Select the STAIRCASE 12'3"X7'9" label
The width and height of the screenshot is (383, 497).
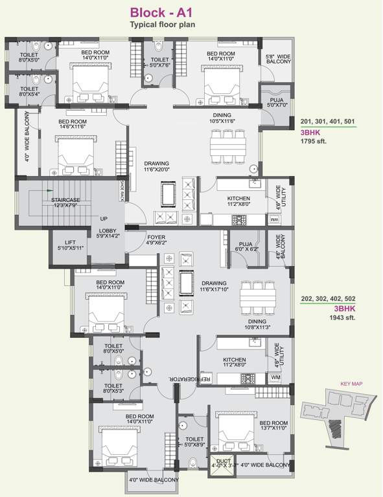[x=65, y=204]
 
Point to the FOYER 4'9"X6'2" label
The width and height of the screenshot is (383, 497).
[x=156, y=240]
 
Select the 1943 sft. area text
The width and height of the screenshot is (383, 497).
[x=316, y=318]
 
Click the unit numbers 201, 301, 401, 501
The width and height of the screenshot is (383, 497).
[x=327, y=121]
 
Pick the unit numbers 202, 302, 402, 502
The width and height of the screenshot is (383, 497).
[x=328, y=299]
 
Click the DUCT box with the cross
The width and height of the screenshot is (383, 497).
[x=220, y=465]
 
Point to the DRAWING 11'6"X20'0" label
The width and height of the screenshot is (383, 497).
[x=156, y=167]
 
